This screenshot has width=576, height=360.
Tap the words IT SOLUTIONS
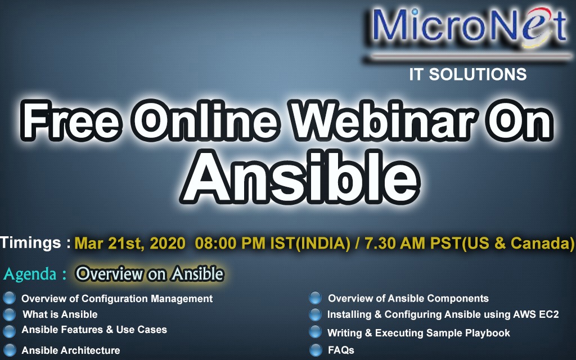467,74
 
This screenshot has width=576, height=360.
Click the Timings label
35,242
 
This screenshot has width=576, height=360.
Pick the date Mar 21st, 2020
130,243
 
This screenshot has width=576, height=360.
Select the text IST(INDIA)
310,243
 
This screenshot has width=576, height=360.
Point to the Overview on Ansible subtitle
150,274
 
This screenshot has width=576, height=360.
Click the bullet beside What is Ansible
9,314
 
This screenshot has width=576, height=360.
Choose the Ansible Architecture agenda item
71,350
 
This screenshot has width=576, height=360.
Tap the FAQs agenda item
341,350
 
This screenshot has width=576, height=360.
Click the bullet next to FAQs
316,350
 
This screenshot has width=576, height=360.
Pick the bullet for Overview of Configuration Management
9,298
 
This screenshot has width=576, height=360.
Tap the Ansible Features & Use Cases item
94,330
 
